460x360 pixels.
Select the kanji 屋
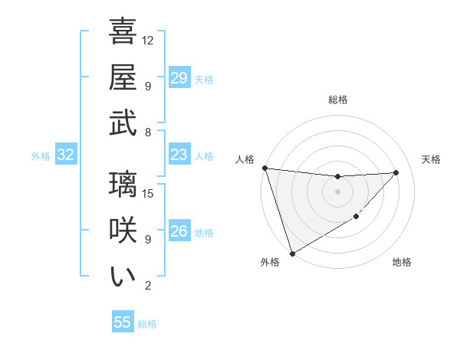[123, 77]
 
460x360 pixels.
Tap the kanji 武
[123, 123]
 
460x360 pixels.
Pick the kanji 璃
[123, 185]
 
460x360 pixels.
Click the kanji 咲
[123, 231]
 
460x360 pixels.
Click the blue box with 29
[179, 78]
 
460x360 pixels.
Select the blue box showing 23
[179, 155]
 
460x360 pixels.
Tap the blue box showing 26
[179, 231]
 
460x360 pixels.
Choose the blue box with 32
[65, 155]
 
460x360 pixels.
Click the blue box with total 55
[123, 322]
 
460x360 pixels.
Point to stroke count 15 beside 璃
[149, 193]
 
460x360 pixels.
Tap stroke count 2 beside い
[149, 286]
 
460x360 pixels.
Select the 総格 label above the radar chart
[337, 100]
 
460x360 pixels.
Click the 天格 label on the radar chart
[431, 159]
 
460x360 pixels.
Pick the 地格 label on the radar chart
[402, 263]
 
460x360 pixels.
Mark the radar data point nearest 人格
[264, 168]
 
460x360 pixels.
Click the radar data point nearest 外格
[292, 253]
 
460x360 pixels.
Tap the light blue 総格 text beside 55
[147, 324]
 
